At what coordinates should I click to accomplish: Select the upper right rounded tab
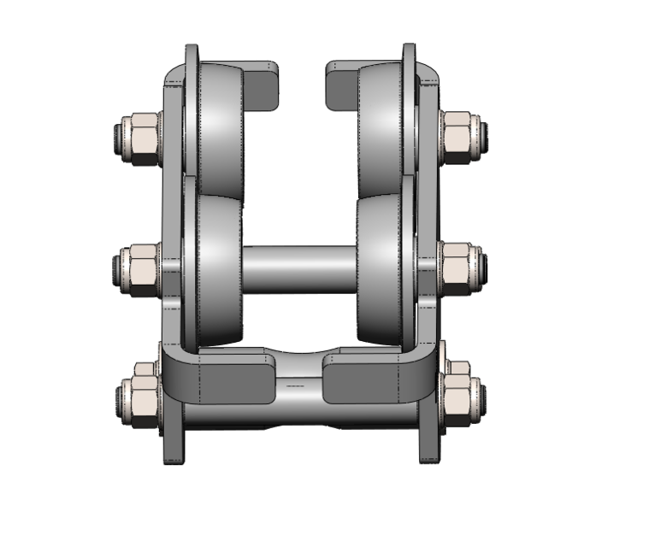tap(341, 85)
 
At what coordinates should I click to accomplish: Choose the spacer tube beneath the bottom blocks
tap(299, 416)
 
